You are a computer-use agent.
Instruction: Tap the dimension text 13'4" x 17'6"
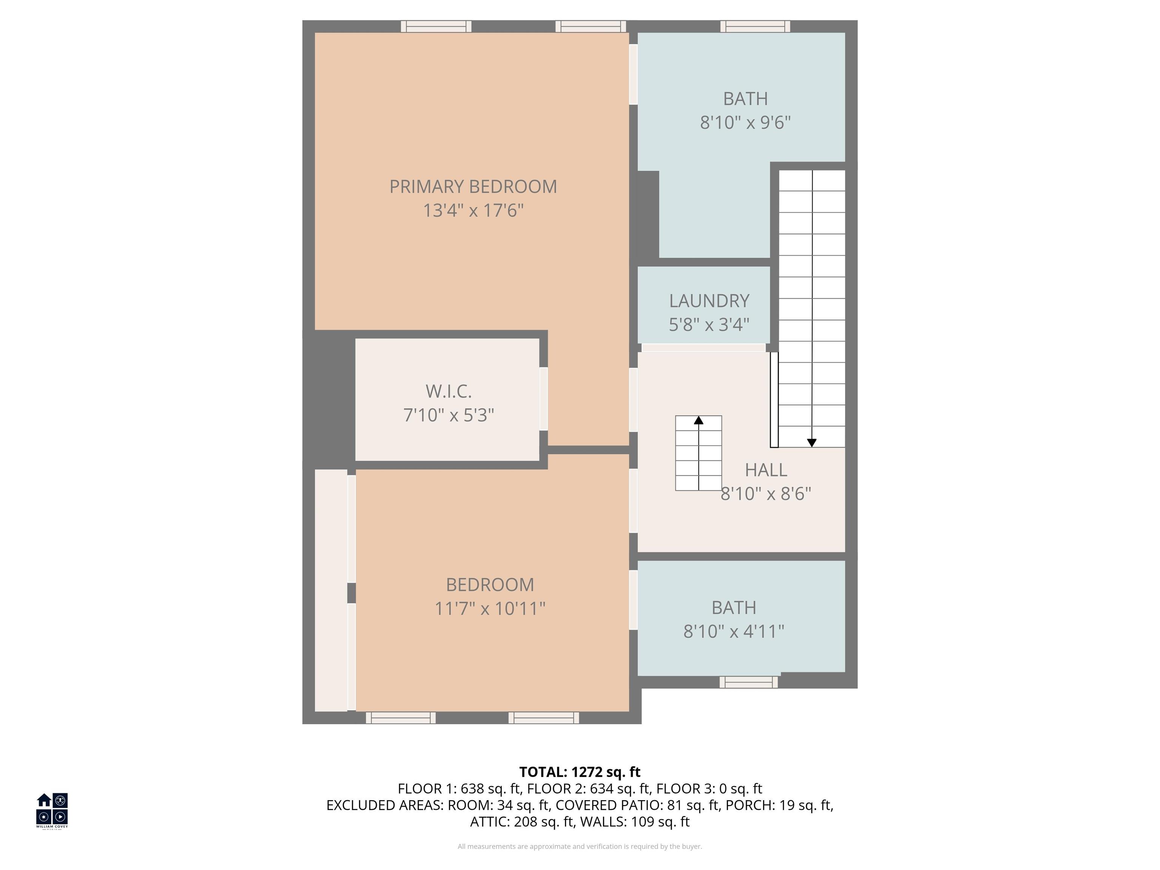click(473, 211)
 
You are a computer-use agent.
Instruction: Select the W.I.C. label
click(448, 391)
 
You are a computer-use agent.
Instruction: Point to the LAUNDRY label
click(709, 301)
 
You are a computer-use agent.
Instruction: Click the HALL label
click(766, 470)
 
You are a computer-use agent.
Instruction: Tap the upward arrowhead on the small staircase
click(699, 420)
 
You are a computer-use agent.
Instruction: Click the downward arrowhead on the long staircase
click(812, 443)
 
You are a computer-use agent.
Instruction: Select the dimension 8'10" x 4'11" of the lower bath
click(733, 631)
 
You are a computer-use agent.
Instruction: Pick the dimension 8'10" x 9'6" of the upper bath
click(745, 123)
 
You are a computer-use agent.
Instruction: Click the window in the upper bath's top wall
click(755, 26)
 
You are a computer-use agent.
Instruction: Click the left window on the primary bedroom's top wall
click(436, 26)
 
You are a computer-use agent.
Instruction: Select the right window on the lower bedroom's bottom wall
click(543, 718)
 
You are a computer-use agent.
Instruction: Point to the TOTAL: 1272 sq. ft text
click(580, 772)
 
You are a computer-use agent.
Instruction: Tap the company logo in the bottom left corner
click(52, 810)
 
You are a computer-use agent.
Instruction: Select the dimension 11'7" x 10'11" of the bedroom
click(490, 609)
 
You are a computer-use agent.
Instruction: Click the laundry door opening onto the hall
click(703, 348)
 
